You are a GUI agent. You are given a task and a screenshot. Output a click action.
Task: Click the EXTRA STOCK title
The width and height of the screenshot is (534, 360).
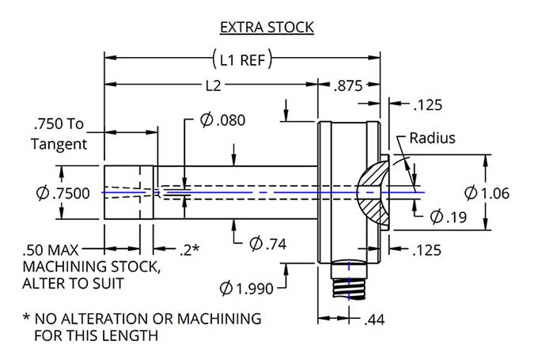pyautogui.click(x=267, y=28)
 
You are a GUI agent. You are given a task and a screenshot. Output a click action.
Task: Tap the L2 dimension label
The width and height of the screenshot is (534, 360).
pyautogui.click(x=211, y=83)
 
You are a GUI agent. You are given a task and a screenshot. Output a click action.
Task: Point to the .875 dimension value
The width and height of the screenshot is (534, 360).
pyautogui.click(x=350, y=83)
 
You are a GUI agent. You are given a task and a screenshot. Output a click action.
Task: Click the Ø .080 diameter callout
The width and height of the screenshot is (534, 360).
pyautogui.click(x=222, y=120)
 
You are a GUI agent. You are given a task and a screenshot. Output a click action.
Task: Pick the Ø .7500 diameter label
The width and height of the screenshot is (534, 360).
pyautogui.click(x=63, y=192)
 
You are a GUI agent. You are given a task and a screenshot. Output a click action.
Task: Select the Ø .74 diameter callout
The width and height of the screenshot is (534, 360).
pyautogui.click(x=267, y=243)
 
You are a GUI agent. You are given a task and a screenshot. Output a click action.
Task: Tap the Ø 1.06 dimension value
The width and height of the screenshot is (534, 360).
pyautogui.click(x=491, y=192)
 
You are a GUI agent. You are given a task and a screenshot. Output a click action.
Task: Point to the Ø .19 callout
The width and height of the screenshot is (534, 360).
pyautogui.click(x=447, y=216)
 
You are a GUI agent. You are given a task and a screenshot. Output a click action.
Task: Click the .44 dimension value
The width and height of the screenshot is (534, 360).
pyautogui.click(x=374, y=320)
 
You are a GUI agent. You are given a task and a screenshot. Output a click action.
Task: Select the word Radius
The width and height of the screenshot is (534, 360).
pyautogui.click(x=432, y=138)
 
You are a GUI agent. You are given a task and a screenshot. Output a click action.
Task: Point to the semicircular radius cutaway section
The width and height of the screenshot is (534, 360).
pyautogui.click(x=371, y=192)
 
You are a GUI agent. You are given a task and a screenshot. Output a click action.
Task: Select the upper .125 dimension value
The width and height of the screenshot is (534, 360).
pyautogui.click(x=427, y=104)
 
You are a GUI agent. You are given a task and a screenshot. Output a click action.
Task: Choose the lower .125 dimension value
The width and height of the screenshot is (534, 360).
pyautogui.click(x=427, y=250)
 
